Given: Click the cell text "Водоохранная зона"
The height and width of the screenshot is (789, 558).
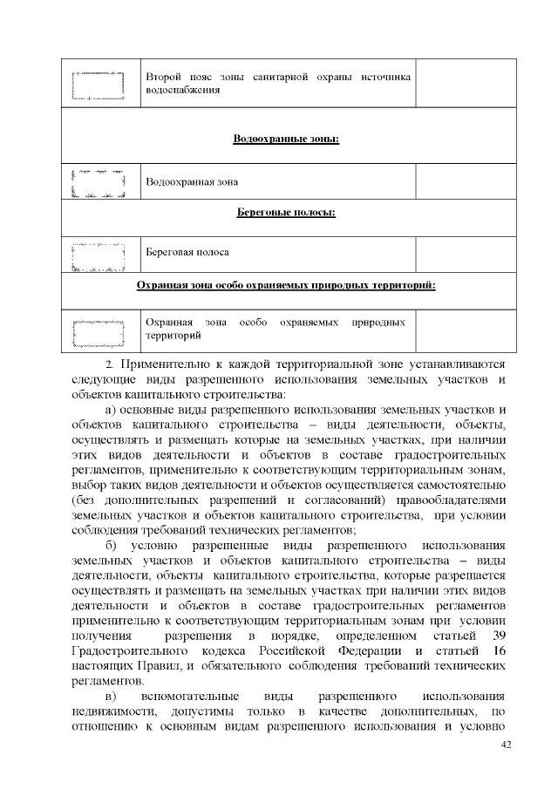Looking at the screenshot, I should click(x=192, y=182).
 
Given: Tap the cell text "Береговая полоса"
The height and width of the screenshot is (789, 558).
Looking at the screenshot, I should click(x=187, y=252).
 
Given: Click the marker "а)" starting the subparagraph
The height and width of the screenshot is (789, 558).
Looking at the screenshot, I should click(x=111, y=410).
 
